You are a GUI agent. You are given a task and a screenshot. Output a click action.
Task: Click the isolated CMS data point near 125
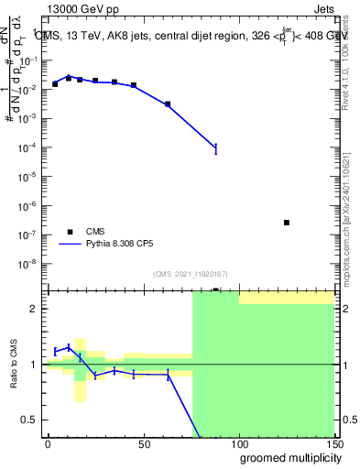pos(287,223)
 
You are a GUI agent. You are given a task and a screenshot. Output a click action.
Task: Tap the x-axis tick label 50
pos(143,443)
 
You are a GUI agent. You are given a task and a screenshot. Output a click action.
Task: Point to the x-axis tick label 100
pos(238,443)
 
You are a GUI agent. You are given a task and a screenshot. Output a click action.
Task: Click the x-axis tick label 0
pos(48,443)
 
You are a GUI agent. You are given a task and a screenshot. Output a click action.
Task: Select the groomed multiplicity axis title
pos(287,458)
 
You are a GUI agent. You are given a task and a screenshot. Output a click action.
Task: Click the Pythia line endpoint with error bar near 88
pos(215,147)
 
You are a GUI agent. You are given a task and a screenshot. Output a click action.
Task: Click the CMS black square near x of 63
pos(168,104)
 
